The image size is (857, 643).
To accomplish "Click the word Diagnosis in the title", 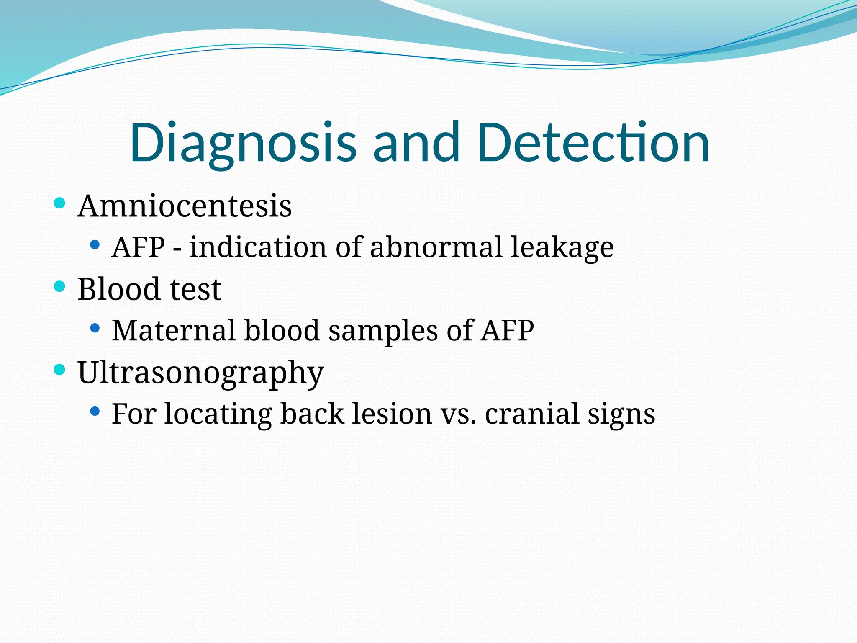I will [243, 142].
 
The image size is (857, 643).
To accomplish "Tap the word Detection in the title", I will [593, 142].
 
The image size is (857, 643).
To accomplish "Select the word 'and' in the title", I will [416, 142].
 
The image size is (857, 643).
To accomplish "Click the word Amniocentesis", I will [185, 206].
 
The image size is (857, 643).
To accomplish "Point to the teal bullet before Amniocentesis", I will [60, 203].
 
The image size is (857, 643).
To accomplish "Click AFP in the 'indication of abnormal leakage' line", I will [139, 247].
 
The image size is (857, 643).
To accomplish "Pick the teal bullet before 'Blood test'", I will [60, 287].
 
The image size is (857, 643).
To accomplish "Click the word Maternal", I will [174, 330].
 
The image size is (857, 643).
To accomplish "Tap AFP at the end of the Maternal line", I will [507, 330].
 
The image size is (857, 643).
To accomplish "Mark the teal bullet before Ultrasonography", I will [60, 370].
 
